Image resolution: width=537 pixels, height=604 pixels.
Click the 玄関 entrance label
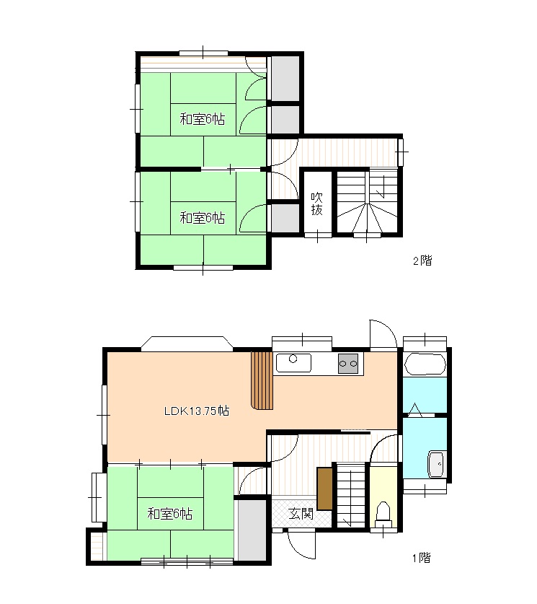pos(301,514)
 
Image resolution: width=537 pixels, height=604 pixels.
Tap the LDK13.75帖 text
pos(197,411)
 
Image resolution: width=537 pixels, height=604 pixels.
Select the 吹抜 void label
pos(316,203)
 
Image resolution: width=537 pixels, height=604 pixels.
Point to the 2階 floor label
pos(422,261)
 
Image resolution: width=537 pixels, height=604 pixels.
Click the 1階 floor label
pos(422,557)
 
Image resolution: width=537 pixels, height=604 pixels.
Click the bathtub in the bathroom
pos(425,363)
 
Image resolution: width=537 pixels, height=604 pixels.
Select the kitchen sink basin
pos(293,363)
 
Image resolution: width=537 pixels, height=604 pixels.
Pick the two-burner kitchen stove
pos(348,363)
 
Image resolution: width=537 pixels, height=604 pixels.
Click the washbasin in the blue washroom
pos(437,464)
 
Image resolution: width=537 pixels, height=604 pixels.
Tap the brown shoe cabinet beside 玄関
pos(324,489)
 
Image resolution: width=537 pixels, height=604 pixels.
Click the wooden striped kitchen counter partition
pos(262,380)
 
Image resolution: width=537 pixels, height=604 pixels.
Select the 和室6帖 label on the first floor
pos(169,514)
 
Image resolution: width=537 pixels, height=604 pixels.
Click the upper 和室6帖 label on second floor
pos(203,119)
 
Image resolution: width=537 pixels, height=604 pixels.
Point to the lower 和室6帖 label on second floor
pos(203,218)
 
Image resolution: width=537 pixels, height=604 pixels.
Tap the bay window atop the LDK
pos(187,343)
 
